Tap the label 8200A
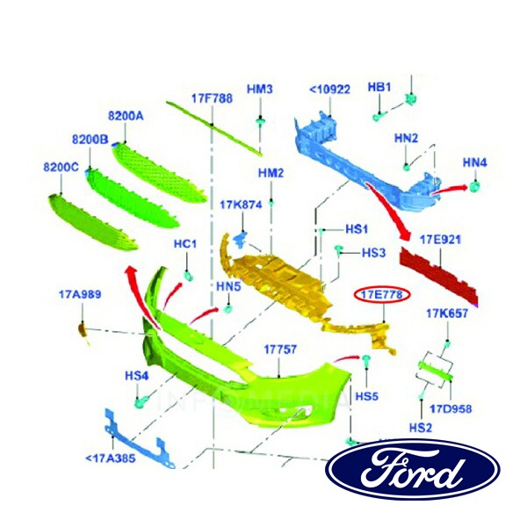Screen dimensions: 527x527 [126, 116]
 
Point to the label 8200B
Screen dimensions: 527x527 [90, 140]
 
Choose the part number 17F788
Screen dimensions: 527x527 [212, 98]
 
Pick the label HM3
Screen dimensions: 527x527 [260, 90]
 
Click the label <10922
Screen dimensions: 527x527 [329, 90]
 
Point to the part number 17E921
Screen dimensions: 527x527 [440, 239]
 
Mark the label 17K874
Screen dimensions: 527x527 [242, 205]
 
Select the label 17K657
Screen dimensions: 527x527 [447, 314]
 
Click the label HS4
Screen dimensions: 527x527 [136, 375]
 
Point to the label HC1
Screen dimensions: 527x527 [185, 243]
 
